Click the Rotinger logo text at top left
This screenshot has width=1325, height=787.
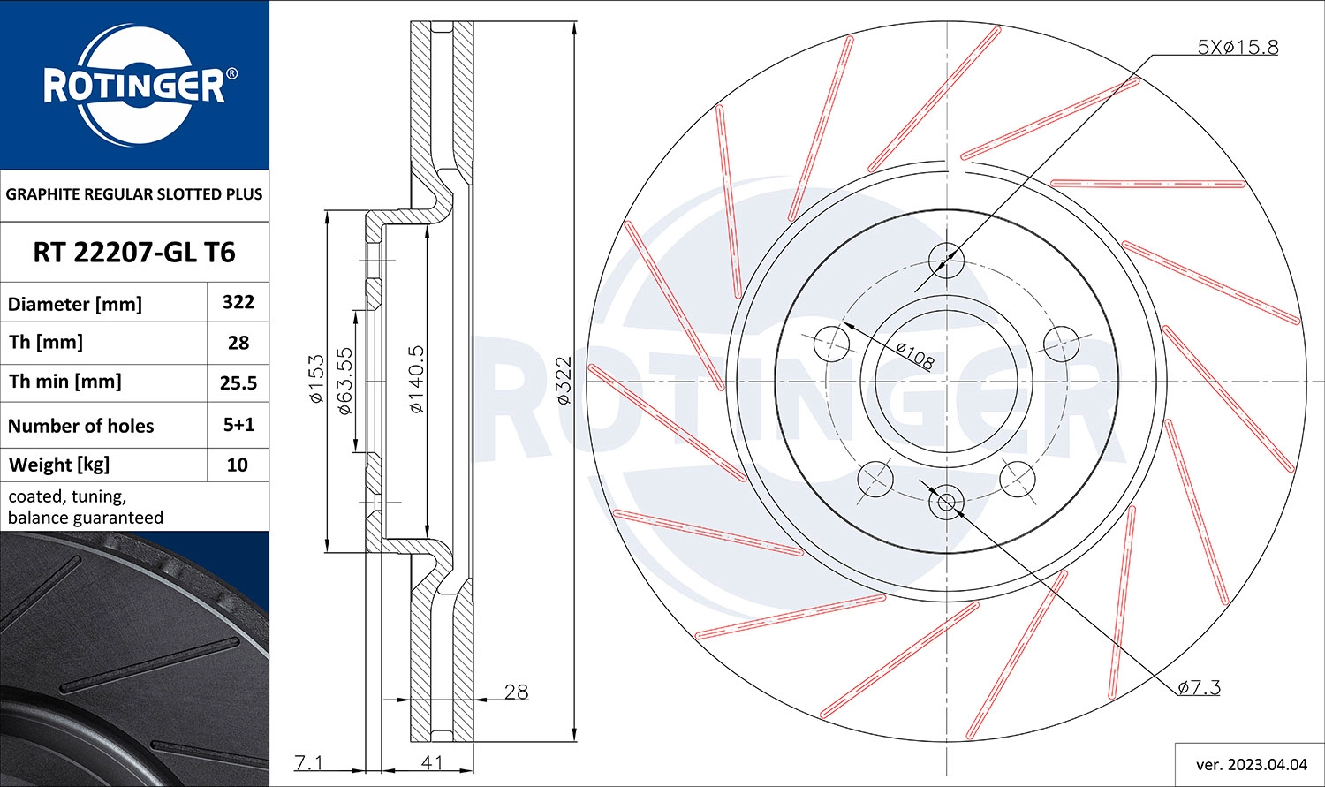tap(133, 87)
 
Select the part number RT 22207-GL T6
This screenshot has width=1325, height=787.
tap(134, 253)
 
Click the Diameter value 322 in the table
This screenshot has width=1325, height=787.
tap(238, 302)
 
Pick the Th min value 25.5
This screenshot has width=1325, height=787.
tap(238, 382)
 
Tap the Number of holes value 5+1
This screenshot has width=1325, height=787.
tap(238, 425)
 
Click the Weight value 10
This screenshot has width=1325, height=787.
tap(238, 465)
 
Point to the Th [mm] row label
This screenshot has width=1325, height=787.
tap(46, 343)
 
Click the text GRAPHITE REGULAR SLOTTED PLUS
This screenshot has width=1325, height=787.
tap(134, 194)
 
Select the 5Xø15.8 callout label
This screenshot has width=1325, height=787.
tap(1238, 48)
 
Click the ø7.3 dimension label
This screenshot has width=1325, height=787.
tap(1199, 687)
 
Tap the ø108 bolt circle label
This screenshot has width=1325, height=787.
tap(914, 355)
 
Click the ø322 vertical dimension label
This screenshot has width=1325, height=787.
tap(564, 381)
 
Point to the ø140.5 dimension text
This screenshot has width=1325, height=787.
tap(416, 381)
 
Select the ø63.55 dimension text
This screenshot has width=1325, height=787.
tap(345, 381)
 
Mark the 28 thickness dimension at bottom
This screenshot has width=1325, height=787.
tap(516, 692)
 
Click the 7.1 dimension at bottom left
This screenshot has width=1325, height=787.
tap(308, 762)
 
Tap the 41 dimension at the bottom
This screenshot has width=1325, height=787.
tap(432, 762)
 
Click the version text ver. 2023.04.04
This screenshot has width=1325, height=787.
tap(1249, 763)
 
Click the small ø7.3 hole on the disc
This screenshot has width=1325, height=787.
tap(946, 503)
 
